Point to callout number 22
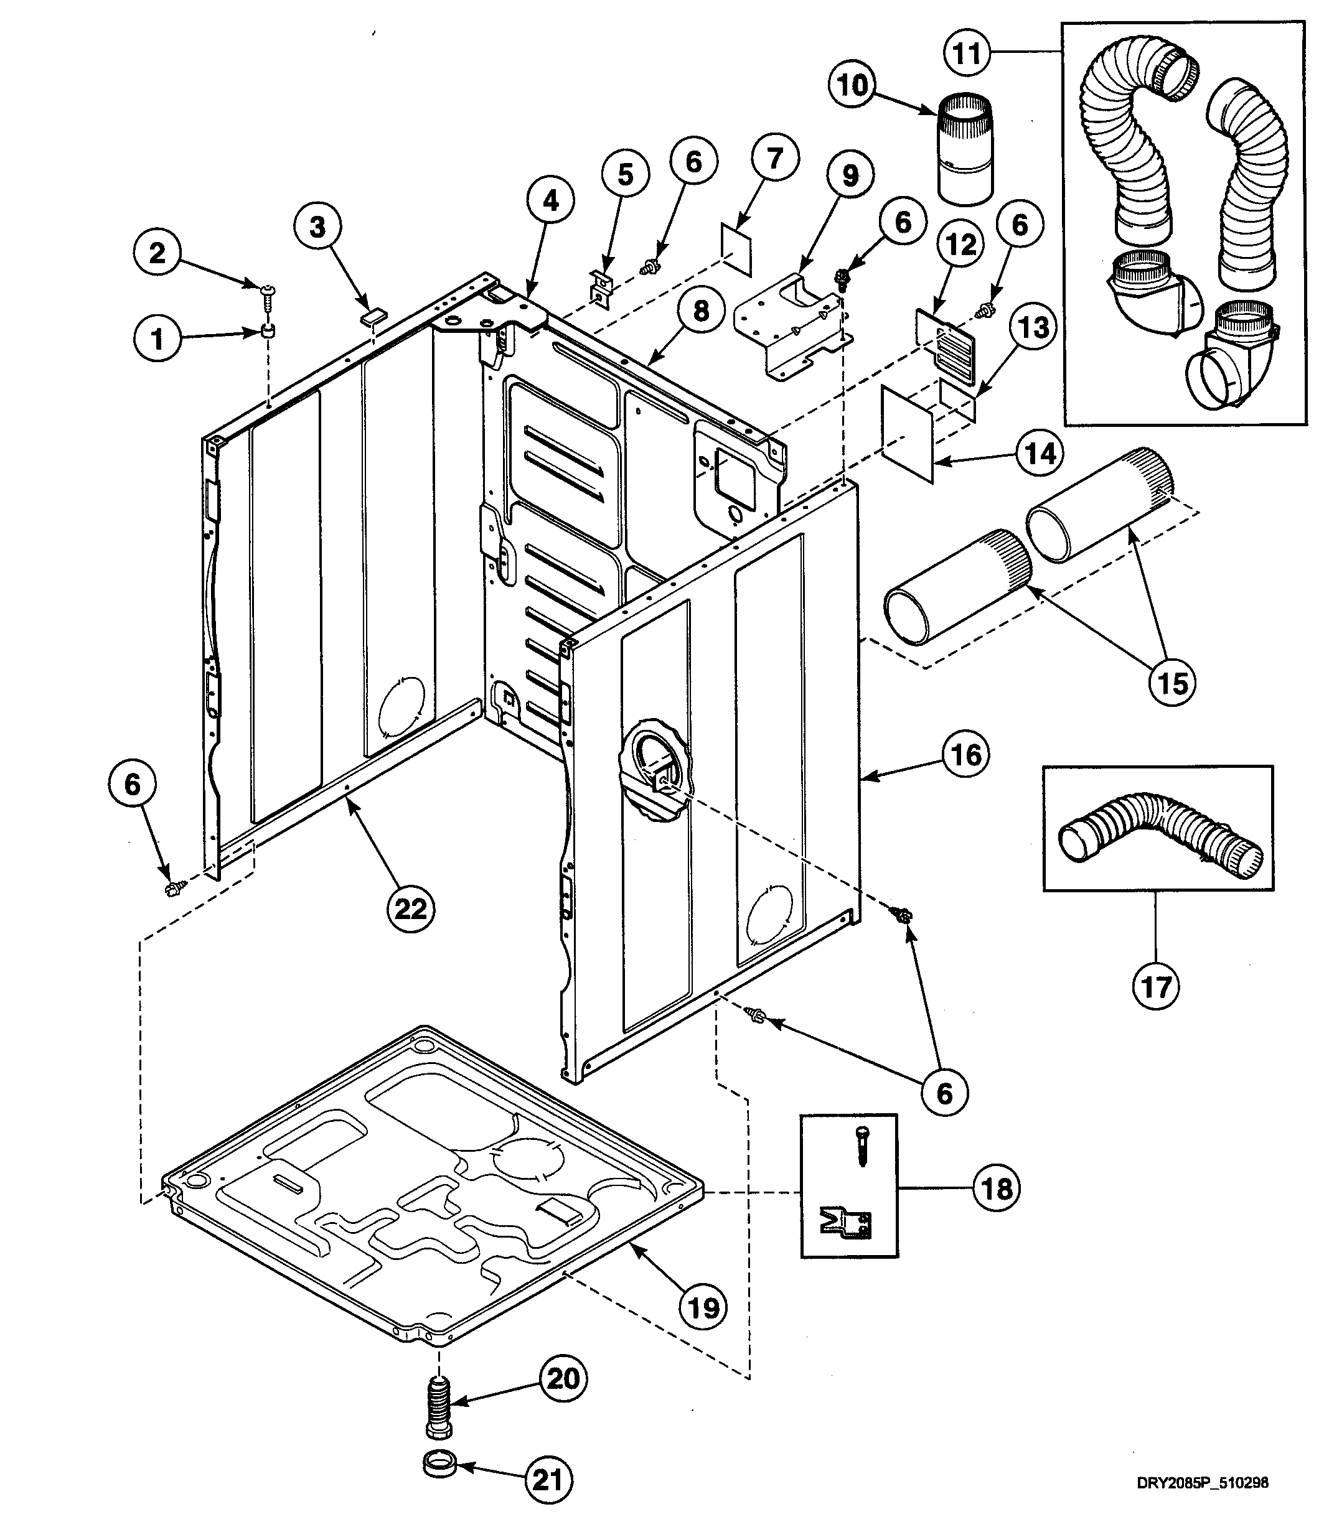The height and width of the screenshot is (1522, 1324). click(411, 908)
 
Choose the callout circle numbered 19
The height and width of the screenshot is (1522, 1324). click(703, 1307)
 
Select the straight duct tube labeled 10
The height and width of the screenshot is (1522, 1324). click(965, 149)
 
